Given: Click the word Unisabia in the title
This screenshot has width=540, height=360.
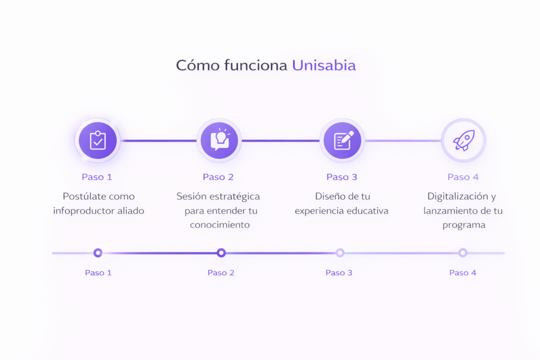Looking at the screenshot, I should coord(324,65).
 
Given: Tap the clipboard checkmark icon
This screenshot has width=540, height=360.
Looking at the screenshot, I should coord(98,141).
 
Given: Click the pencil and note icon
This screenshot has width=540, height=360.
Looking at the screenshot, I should coord(342,141).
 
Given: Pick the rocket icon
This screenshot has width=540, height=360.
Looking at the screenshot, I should coord(463,141).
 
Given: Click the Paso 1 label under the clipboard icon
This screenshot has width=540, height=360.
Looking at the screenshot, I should coord(97,177).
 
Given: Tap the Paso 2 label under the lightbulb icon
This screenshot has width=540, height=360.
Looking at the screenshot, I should coord(218,177).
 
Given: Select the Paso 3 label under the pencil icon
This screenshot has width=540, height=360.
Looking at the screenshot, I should coord(342,177).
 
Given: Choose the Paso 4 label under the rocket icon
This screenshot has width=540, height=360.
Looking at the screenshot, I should coord(463,177).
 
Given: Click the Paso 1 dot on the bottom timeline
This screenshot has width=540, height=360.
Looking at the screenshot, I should coord(98,253).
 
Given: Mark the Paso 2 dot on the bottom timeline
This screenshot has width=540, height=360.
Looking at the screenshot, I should coord(221,253).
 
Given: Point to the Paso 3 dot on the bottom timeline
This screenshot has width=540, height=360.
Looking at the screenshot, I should coord(340,253).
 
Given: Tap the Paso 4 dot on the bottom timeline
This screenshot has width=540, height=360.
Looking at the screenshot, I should coord(462,253).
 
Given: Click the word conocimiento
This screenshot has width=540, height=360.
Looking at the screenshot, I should coord(220,225).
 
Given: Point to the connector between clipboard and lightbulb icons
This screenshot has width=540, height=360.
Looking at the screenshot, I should coord(158,141).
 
